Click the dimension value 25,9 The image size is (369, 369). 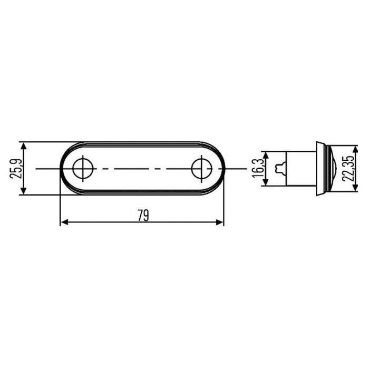[15, 168]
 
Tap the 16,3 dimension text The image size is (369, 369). [257, 168]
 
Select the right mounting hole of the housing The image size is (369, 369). [201, 169]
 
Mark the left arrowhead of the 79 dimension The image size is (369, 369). [63, 223]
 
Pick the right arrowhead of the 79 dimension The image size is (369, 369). [221, 223]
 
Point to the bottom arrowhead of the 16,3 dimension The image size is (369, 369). [267, 182]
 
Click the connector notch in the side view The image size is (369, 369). [279, 168]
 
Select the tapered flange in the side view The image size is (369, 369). [320, 169]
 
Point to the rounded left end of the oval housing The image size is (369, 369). [62, 169]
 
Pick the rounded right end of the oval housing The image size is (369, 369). [223, 169]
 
